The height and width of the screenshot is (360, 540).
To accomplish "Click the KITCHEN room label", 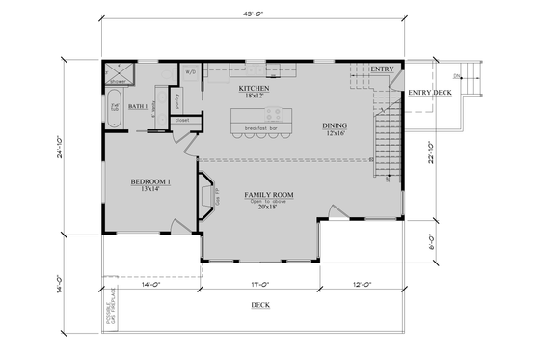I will pos(254,88).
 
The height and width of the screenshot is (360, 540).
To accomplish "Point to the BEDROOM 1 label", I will pos(150,181).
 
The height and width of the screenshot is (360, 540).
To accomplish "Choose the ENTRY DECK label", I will pos(429,93).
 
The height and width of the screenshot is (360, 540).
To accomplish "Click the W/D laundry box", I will pos(190,71).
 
